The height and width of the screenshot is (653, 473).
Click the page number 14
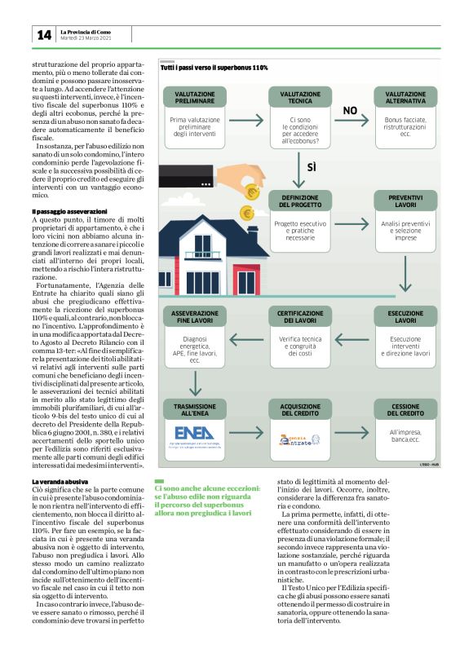42,35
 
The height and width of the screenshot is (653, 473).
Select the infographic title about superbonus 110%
214,68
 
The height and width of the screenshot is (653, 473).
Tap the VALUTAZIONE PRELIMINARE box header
192,99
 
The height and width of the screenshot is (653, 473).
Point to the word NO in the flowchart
350,109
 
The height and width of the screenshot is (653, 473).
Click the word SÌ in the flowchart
311,167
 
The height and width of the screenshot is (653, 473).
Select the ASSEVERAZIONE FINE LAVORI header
194,316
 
